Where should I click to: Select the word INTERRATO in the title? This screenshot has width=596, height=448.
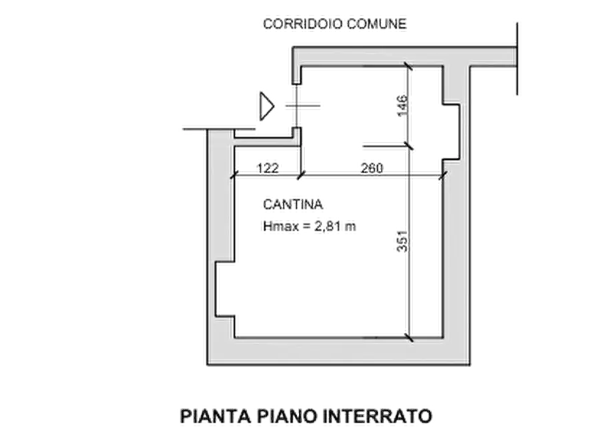click(x=377, y=417)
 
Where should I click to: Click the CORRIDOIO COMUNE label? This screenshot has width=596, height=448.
click(x=334, y=24)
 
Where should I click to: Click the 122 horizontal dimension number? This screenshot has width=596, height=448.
click(x=267, y=169)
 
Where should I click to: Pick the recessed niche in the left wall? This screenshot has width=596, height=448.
click(x=224, y=288)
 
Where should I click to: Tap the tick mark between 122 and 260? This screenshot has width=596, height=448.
click(x=300, y=177)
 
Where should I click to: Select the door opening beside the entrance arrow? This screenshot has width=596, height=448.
click(x=295, y=106)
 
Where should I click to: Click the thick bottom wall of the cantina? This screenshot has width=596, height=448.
click(x=337, y=350)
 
